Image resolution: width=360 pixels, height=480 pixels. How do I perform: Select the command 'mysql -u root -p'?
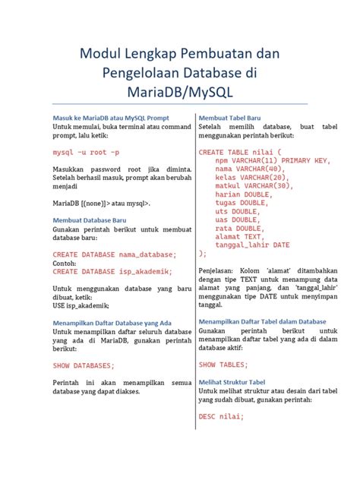86,153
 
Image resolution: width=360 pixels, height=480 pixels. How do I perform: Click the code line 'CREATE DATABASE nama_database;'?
114,254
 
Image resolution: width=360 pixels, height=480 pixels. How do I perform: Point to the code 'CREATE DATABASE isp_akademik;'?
112,271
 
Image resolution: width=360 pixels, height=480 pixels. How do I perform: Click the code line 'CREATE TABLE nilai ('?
239,152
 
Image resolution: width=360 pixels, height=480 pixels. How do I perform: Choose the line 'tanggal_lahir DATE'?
252,245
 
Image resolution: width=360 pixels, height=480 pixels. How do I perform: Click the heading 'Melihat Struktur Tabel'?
232,382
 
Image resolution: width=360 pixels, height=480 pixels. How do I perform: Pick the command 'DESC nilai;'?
221,416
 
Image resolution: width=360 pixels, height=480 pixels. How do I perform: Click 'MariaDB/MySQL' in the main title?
180,92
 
